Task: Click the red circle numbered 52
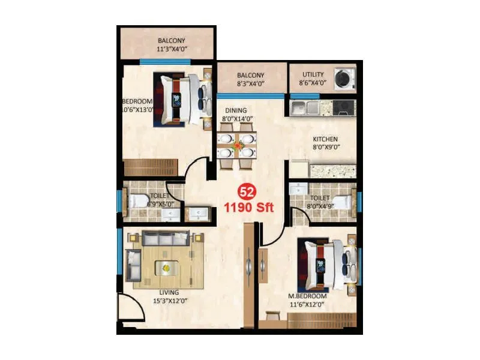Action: tap(245, 192)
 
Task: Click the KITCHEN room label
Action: tap(326, 139)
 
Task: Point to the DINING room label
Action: tap(236, 110)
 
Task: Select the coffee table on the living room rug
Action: tap(163, 267)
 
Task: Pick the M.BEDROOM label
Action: tap(307, 296)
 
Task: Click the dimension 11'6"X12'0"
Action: tap(307, 305)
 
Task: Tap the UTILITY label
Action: tap(313, 75)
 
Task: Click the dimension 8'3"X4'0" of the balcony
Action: tap(250, 84)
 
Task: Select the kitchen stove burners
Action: tap(344, 108)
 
